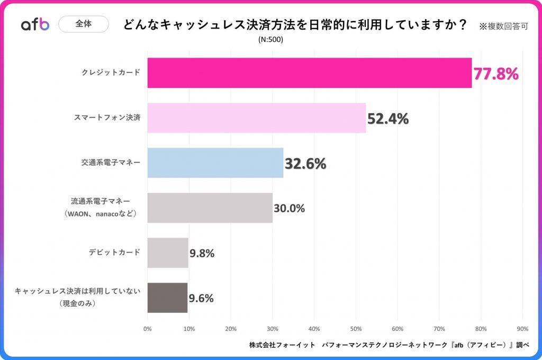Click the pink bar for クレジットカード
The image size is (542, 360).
(309, 73)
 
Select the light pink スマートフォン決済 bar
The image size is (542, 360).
(257, 118)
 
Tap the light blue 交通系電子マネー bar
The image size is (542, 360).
(215, 163)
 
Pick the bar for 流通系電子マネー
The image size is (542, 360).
(210, 208)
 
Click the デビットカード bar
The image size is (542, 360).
(168, 253)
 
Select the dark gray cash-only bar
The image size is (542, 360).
(167, 298)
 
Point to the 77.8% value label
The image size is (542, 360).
(495, 74)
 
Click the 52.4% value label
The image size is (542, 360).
(388, 119)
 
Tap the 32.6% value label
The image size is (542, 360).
(305, 164)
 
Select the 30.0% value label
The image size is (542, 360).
(289, 209)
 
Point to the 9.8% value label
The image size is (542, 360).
(202, 254)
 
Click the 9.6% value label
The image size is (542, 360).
(201, 299)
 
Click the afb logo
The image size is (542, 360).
(35, 24)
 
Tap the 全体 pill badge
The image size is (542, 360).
(83, 24)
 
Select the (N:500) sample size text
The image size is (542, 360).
(271, 40)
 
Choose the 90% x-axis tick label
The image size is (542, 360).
(522, 329)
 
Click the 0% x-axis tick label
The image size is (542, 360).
(148, 329)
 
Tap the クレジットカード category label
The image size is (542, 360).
(111, 73)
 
